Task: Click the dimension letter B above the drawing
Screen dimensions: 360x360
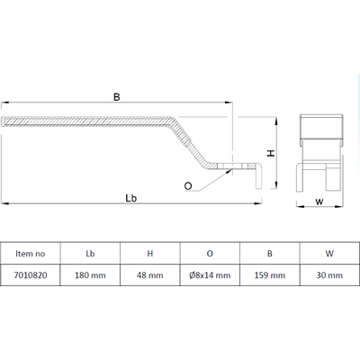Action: (x=117, y=97)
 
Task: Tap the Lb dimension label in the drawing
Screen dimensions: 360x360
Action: (x=131, y=198)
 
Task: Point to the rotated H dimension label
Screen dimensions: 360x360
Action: (x=271, y=153)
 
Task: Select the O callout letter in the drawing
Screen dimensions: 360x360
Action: (x=188, y=186)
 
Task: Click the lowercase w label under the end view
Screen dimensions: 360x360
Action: (x=319, y=202)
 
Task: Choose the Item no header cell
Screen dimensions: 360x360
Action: (x=31, y=254)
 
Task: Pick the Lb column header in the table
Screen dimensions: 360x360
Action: (x=90, y=254)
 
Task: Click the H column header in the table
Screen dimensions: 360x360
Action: (x=150, y=254)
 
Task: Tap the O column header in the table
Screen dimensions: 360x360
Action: (x=210, y=254)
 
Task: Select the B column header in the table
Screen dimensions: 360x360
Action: (x=270, y=254)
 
